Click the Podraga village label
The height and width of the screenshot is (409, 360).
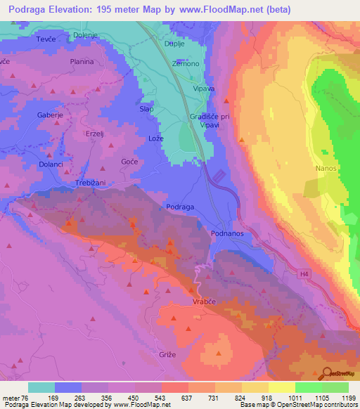coord(180,207)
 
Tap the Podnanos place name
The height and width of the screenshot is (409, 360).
coord(227,232)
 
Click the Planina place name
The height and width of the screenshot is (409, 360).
coord(82,62)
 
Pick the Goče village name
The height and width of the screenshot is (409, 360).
coord(129,162)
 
